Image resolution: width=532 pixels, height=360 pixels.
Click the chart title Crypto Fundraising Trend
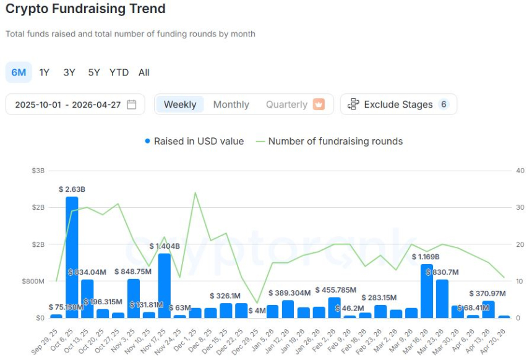(x=85, y=9)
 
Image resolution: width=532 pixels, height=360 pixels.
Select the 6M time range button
(x=19, y=72)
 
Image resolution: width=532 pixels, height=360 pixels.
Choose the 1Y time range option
(x=45, y=72)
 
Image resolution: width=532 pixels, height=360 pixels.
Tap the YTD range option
(x=119, y=72)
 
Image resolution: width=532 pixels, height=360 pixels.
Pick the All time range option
(x=144, y=72)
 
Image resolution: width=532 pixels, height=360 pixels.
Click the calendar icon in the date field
(x=132, y=105)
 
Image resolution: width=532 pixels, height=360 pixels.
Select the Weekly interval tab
(x=180, y=105)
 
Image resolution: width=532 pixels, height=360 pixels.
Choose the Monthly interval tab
(x=231, y=105)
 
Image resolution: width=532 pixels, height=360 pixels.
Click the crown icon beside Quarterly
(x=319, y=105)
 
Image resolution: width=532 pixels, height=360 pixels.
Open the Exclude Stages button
(x=398, y=105)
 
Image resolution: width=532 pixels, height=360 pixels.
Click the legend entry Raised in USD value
(x=194, y=141)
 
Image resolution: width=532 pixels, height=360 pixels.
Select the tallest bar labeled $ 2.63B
(x=72, y=257)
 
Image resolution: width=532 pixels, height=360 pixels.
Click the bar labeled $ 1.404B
(x=164, y=285)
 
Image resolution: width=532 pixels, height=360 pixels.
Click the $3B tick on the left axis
(x=37, y=170)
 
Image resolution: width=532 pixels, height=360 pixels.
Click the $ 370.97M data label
(x=487, y=293)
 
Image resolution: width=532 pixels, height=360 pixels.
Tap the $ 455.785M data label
(x=335, y=289)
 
